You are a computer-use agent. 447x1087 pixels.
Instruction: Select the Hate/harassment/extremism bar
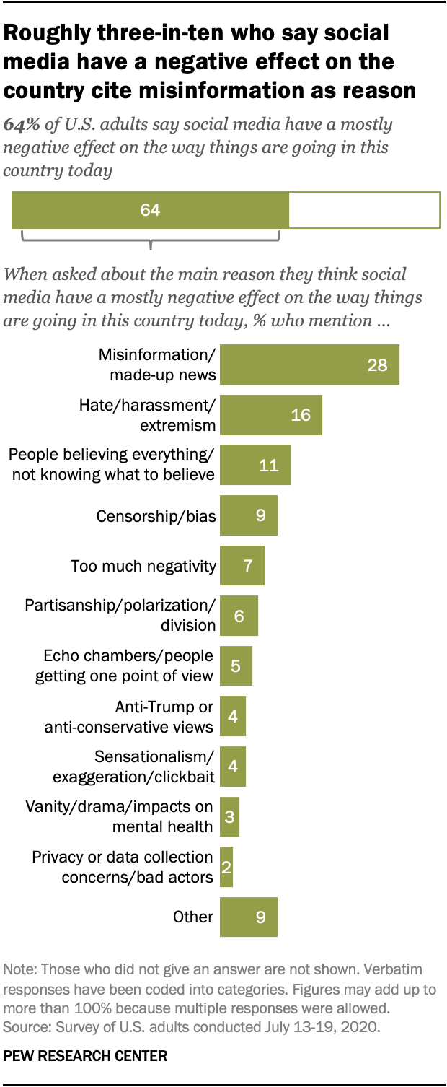270,415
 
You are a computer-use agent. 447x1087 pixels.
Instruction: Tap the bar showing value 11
255,465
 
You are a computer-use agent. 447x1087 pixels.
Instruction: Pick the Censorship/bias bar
248,515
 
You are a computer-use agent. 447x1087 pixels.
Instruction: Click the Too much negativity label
143,566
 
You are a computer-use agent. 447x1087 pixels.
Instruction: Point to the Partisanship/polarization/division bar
239,616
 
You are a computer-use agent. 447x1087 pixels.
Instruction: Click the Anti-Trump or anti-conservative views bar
232,716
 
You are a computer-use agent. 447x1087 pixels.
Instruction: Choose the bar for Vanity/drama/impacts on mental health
229,816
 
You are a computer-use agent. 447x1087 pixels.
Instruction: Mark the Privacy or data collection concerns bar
226,867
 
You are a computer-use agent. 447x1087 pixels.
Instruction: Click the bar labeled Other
248,917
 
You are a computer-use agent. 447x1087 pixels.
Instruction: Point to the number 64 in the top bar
150,210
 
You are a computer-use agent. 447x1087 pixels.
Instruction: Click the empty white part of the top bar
363,210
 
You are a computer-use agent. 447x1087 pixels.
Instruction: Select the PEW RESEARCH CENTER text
85,1056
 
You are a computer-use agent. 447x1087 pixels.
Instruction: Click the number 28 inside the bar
377,364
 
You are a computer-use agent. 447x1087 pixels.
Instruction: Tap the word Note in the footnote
19,969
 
